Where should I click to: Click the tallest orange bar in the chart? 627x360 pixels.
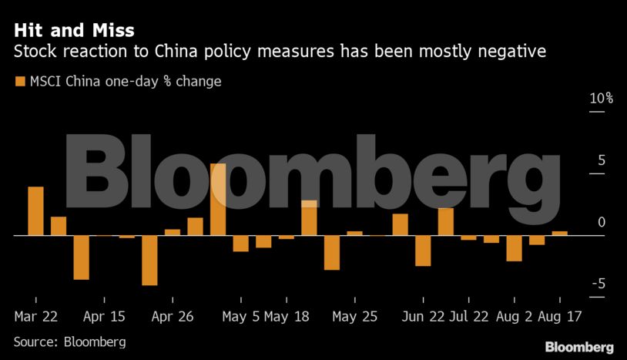[218, 199]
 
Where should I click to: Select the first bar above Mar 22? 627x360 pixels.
[35, 211]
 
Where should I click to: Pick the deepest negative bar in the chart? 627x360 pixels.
[149, 260]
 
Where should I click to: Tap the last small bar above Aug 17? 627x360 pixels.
[560, 233]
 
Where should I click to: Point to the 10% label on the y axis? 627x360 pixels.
[601, 99]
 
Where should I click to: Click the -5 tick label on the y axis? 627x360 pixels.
[598, 284]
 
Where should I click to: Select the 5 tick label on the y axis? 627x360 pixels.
[601, 160]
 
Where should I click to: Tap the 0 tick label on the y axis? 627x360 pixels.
[601, 223]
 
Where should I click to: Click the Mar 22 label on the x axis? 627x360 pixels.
[35, 316]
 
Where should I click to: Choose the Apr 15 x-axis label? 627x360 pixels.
[104, 316]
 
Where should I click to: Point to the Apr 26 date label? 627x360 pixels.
[172, 316]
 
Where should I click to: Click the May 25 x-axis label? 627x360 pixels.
[354, 316]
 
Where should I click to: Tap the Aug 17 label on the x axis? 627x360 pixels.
[560, 316]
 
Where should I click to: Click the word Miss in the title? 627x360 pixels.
[112, 30]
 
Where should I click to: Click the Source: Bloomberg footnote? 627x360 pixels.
[69, 341]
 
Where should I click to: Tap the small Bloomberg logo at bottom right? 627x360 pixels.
[579, 346]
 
